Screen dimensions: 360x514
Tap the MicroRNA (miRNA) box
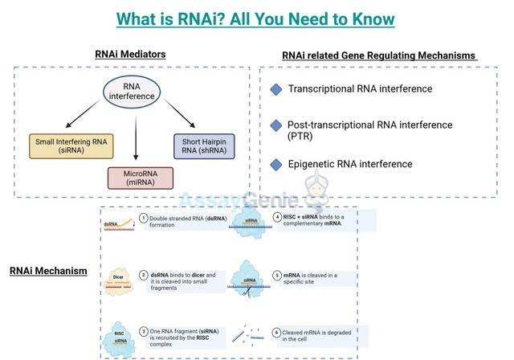[x=141, y=178]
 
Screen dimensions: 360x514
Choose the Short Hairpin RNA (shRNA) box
[x=203, y=145]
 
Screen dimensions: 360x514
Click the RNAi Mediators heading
[x=131, y=55]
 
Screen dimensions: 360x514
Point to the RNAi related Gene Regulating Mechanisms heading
[x=378, y=55]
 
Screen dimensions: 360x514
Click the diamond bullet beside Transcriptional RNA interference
[x=276, y=89]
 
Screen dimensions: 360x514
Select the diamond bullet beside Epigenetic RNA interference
[x=276, y=164]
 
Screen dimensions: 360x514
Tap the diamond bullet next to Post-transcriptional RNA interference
[x=276, y=125]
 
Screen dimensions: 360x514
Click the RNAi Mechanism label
[x=48, y=271]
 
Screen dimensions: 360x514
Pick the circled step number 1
[x=144, y=218]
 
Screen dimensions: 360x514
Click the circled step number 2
[x=144, y=275]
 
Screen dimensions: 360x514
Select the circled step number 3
[x=144, y=330]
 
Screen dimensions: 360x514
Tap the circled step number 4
[x=277, y=216]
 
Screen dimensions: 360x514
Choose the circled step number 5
[x=277, y=275]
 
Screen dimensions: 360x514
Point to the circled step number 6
[x=277, y=332]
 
